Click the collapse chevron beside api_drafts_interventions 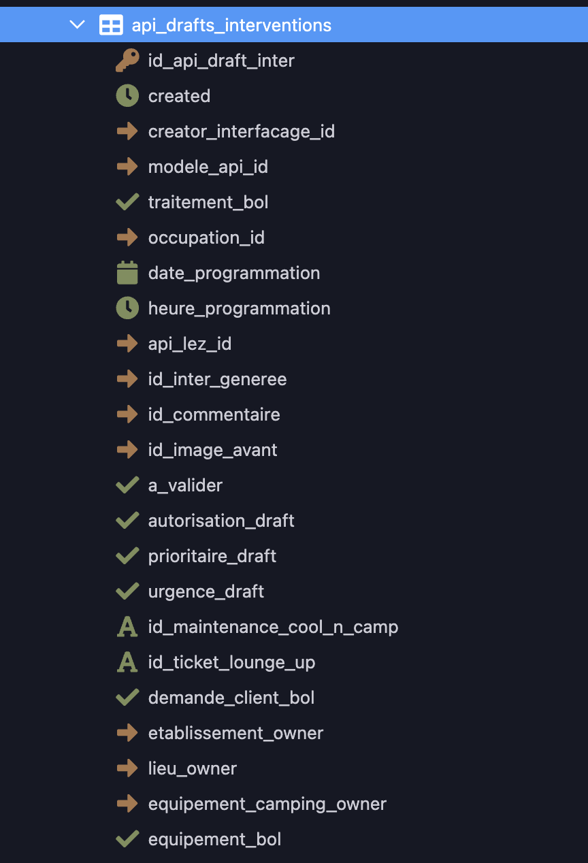coord(77,25)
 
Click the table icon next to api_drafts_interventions coord(111,25)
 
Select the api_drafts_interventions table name coord(231,25)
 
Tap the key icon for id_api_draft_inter coord(127,60)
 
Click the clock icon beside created coord(127,95)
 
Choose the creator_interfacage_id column coord(242,132)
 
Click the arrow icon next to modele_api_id coord(127,167)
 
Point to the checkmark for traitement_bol coord(127,202)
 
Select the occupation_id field coord(206,238)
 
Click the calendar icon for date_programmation coord(127,273)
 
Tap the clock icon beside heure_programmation coord(127,308)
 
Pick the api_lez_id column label coord(190,344)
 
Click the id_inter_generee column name coord(218,380)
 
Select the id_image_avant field coord(213,451)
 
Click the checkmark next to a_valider coord(127,485)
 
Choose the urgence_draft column coord(206,591)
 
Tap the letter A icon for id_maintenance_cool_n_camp coord(127,627)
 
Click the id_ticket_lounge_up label coord(232,663)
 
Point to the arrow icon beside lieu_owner coord(127,768)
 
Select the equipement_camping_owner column coord(267,804)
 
